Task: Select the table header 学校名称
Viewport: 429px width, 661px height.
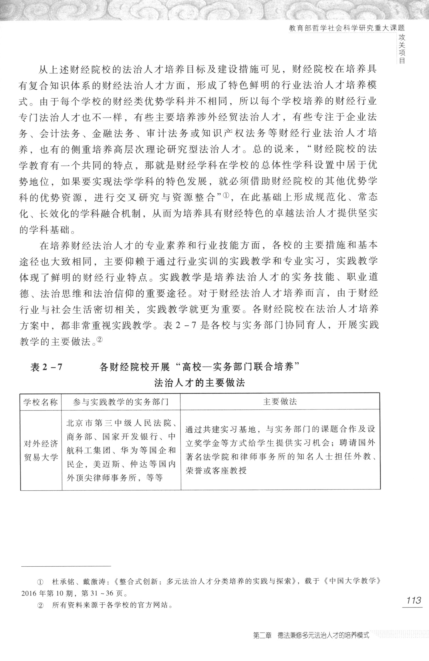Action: pos(41,402)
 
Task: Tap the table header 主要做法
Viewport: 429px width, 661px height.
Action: pos(280,402)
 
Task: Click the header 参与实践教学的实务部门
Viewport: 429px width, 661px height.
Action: pos(121,402)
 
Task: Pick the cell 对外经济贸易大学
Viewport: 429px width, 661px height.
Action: pos(41,451)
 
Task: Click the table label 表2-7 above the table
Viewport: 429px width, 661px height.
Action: pos(46,367)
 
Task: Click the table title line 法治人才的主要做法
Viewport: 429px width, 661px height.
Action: pos(199,383)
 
